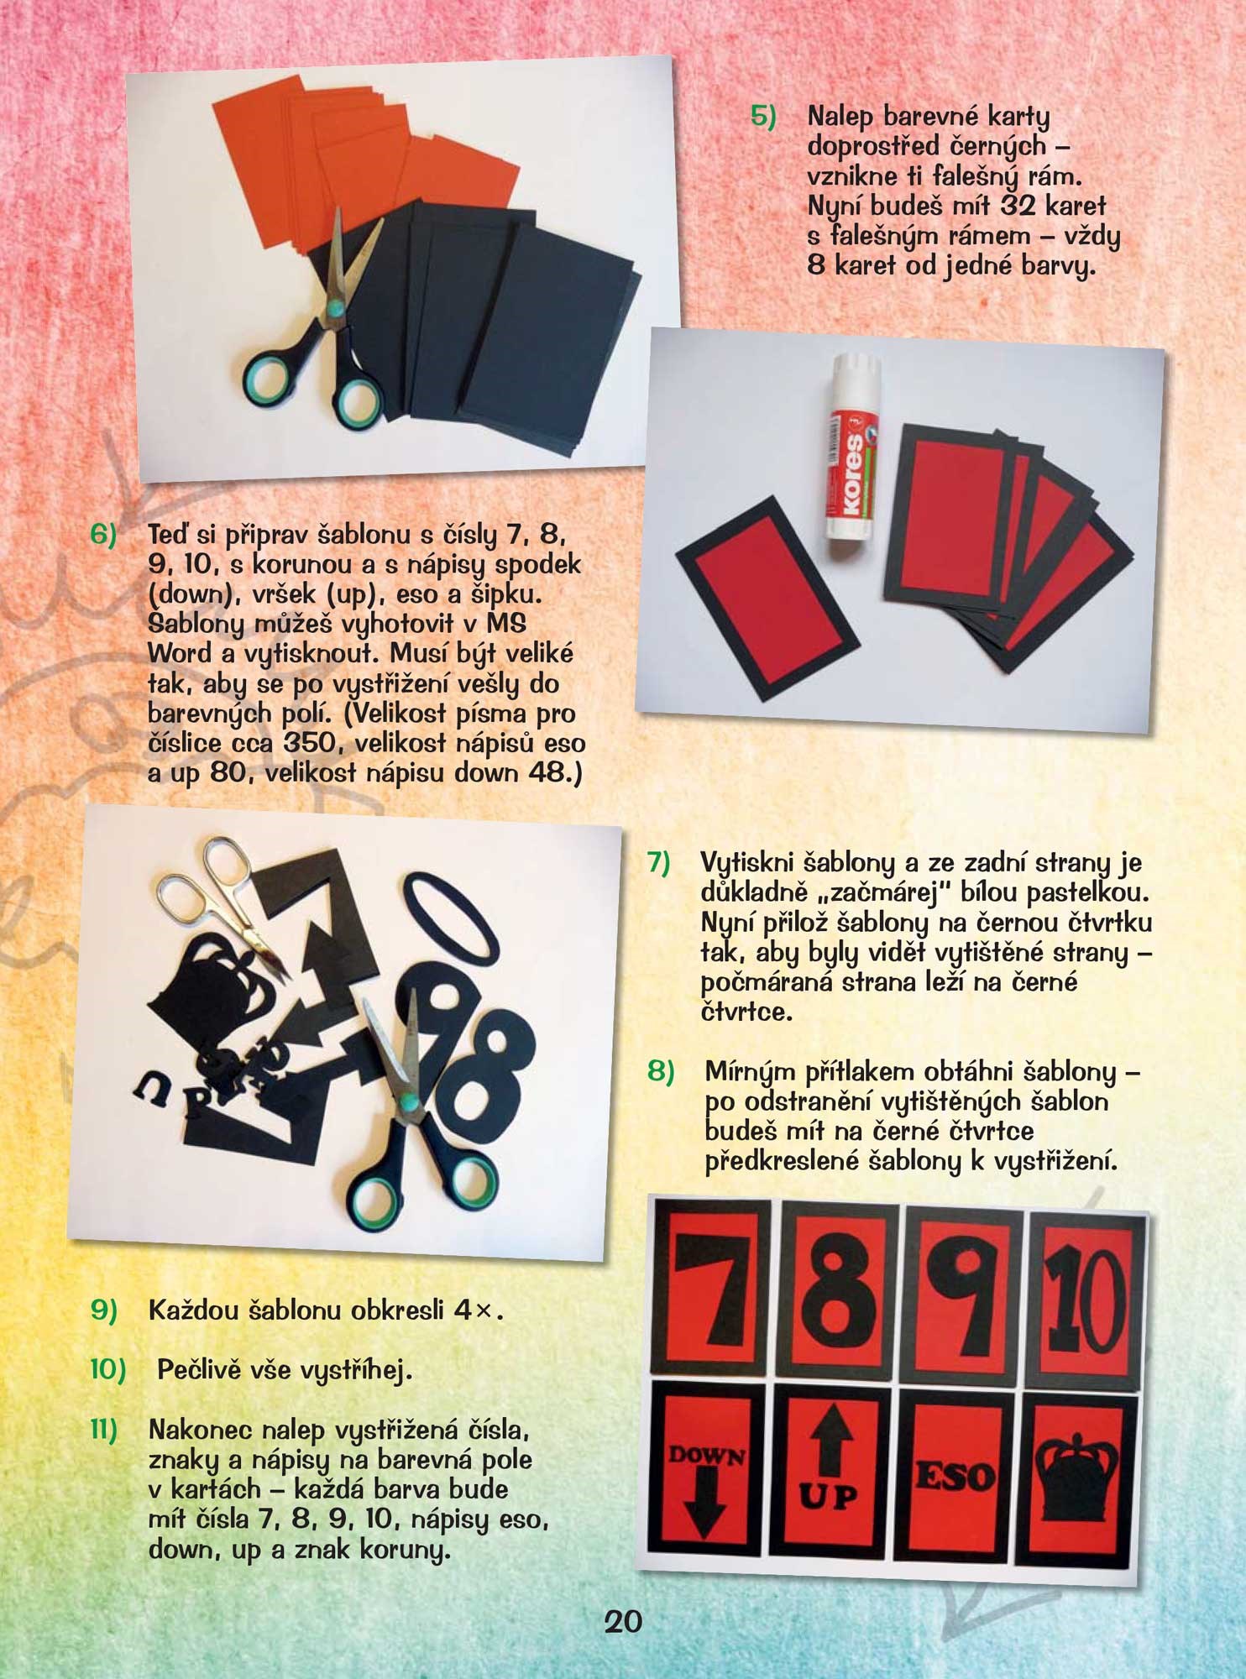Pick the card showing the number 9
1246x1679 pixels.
966,1297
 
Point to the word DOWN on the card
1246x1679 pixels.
706,1454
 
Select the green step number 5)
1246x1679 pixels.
763,116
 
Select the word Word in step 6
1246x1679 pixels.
179,654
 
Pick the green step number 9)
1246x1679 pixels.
104,1310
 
